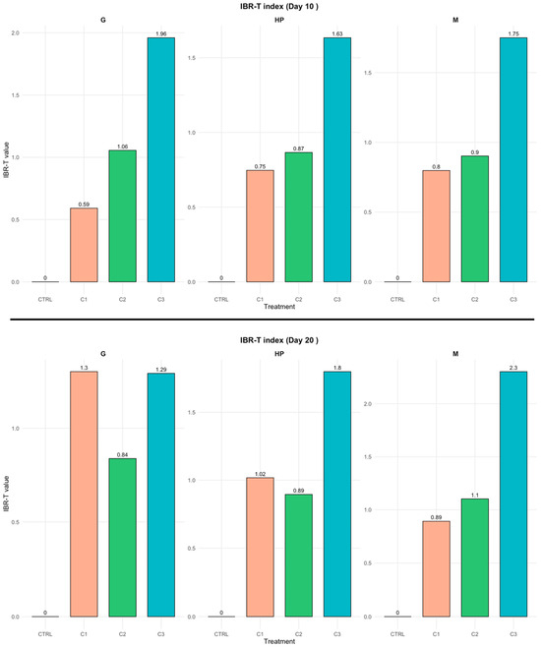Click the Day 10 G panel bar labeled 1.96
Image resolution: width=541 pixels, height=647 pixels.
tap(161, 159)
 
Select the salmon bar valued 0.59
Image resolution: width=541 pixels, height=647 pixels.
tap(84, 245)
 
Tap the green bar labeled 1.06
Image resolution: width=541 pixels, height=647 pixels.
tap(123, 215)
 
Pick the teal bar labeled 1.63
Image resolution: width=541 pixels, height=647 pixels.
tap(337, 159)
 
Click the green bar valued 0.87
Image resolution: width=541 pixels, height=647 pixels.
tap(299, 217)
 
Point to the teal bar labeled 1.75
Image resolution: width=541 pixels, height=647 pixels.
tap(513, 159)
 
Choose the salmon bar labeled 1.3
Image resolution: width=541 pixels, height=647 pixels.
tap(84, 494)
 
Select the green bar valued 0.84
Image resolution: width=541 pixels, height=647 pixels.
tap(123, 538)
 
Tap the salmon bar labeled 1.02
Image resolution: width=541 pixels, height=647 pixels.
tap(260, 547)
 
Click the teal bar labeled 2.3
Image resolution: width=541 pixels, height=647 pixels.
tap(513, 494)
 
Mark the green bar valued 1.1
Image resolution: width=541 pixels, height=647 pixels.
tap(475, 558)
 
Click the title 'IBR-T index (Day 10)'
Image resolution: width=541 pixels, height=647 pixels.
tap(279, 6)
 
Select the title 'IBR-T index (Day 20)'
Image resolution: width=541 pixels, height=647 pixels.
tap(279, 340)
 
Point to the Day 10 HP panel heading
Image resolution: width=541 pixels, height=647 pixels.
tap(279, 20)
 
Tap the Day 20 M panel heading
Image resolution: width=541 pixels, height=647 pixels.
tap(455, 354)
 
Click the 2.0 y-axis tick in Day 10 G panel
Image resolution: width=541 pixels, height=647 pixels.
tap(16, 32)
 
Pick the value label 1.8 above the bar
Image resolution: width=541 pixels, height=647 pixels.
tap(337, 368)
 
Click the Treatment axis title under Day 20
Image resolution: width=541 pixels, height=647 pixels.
tap(279, 641)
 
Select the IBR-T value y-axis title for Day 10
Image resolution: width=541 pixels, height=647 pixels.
tap(6, 159)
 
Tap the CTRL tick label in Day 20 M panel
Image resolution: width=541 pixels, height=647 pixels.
tap(397, 634)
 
